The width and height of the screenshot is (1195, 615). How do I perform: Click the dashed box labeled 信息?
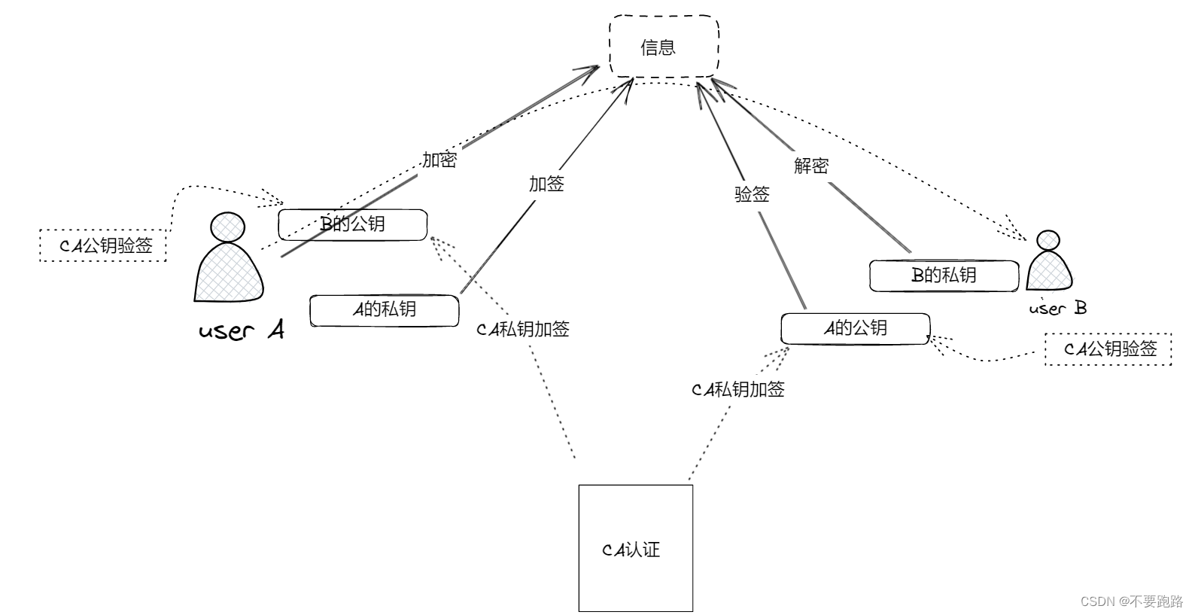tap(663, 47)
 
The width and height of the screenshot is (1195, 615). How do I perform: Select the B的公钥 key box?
tap(352, 224)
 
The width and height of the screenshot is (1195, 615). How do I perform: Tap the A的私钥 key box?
tap(384, 310)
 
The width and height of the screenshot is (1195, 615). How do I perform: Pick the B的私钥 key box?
tap(944, 276)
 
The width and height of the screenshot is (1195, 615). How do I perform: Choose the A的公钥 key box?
tap(855, 329)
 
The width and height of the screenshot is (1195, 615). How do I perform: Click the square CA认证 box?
tap(635, 547)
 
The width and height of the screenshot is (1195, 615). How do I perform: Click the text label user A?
tap(242, 330)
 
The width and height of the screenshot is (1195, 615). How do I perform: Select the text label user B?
tap(1057, 308)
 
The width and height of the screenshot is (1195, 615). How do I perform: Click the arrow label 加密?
tap(439, 160)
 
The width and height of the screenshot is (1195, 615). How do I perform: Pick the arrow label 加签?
tap(546, 184)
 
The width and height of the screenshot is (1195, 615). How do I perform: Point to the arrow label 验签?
tap(752, 194)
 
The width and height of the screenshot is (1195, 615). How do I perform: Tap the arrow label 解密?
tap(811, 166)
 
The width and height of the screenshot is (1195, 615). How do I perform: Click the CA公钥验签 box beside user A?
tap(103, 245)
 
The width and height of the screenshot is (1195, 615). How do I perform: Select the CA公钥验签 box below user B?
tap(1108, 349)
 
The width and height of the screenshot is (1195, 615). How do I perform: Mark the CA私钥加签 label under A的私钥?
tap(523, 329)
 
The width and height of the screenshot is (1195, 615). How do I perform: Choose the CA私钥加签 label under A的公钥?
tap(738, 389)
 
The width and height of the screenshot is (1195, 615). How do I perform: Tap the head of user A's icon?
tap(228, 227)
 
